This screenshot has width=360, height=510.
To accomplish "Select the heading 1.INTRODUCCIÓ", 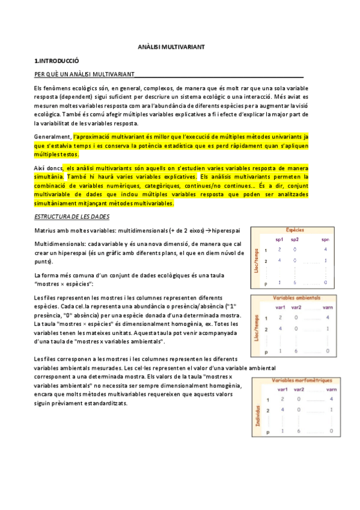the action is point(57,61).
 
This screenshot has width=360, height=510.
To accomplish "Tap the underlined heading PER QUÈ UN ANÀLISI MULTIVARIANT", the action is point(84,75).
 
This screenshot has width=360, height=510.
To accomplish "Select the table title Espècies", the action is point(294,230).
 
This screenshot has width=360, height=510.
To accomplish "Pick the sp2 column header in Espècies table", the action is point(294,239).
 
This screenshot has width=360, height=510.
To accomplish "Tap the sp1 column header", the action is point(279,239).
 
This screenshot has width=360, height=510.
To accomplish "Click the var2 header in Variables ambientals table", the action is point(296,307).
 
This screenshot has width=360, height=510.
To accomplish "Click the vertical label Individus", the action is point(257,415).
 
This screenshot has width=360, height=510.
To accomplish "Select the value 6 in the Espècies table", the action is point(294,283).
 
